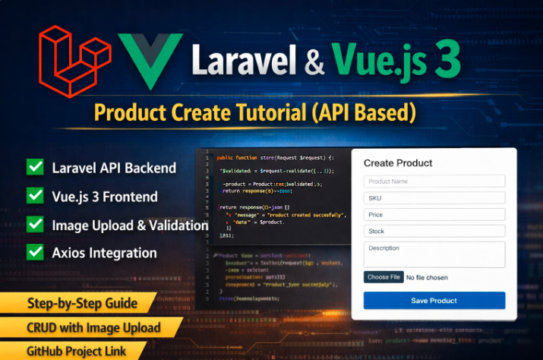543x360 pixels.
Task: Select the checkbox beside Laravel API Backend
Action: pos(35,168)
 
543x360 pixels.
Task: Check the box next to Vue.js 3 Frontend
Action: pos(35,196)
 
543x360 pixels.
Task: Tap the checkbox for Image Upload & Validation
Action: pos(35,225)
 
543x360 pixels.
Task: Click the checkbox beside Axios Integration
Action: pos(35,253)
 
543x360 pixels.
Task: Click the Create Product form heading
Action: pos(398,163)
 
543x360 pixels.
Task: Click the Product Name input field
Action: pos(434,182)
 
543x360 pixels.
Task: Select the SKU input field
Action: pos(434,197)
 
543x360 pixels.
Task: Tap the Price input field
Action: pos(434,214)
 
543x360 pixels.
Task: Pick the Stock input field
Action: pos(434,231)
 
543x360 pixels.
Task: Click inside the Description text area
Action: pos(434,254)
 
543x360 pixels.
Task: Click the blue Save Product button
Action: pos(434,301)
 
